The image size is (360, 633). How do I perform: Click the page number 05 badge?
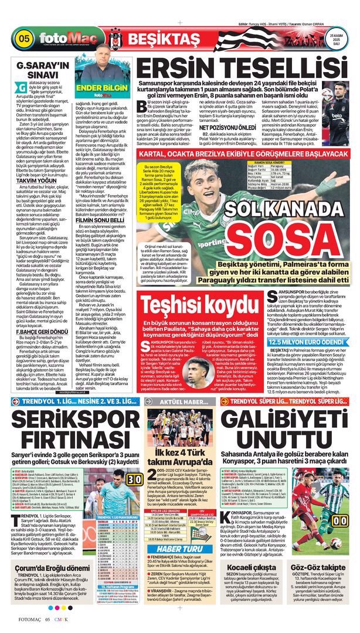tap(25, 39)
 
